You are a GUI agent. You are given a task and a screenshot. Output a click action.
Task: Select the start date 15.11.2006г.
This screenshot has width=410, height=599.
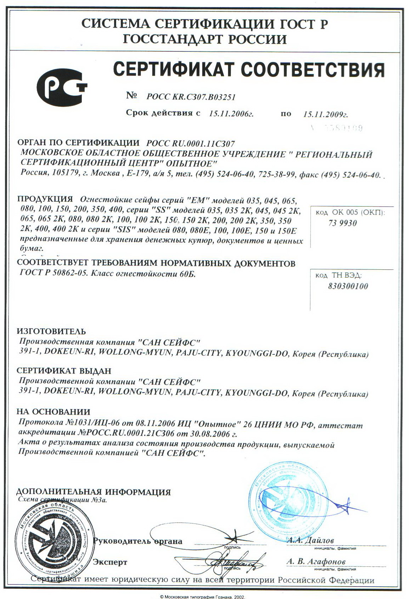click(232, 114)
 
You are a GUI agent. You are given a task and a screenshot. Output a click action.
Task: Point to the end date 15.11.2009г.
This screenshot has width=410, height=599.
click(326, 114)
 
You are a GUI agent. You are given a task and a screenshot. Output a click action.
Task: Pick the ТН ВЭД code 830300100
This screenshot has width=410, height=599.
click(348, 286)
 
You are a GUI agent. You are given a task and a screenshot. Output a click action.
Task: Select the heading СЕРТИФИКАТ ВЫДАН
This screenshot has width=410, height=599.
click(64, 371)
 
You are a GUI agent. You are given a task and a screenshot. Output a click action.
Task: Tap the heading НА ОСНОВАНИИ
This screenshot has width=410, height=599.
click(53, 412)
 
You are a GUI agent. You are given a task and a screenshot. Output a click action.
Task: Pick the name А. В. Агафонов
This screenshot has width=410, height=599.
click(316, 561)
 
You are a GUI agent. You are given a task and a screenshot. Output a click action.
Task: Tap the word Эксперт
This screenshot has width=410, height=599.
click(110, 562)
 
